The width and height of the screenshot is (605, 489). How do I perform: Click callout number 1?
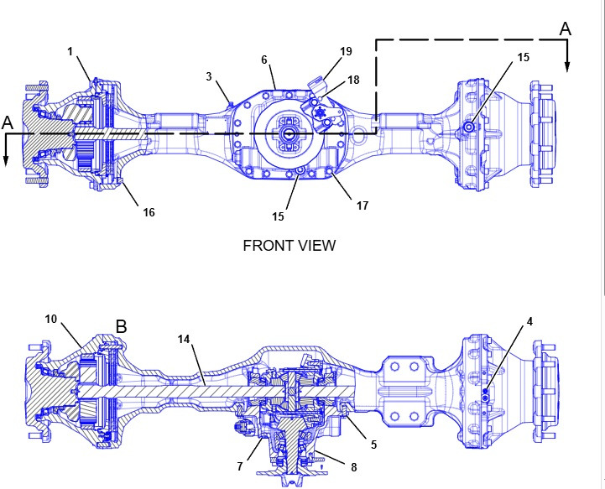coord(71,52)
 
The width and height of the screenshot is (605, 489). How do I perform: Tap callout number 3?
coord(209,76)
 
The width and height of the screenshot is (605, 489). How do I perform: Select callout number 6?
coord(264,60)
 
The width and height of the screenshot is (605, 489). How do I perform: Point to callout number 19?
coord(346,52)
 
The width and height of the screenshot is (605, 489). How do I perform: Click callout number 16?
coord(149,212)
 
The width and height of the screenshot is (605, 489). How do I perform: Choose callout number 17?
coord(362,205)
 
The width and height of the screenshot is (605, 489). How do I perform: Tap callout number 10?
coord(50,320)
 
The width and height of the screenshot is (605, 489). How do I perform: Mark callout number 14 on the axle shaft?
coord(185,339)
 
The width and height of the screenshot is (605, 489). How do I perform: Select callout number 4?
coord(529,320)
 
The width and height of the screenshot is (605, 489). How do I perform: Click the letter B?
coord(121,326)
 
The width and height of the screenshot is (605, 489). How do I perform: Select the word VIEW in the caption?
coord(317,245)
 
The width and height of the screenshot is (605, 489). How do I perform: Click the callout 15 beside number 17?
coord(278,216)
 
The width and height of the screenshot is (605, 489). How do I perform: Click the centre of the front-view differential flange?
coord(287,133)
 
